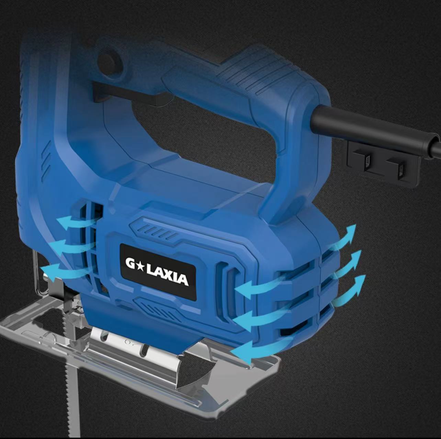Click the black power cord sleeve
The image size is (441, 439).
[x=371, y=129]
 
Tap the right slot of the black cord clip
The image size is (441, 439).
[x=400, y=169]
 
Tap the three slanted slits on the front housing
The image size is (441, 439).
[x=46, y=165]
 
